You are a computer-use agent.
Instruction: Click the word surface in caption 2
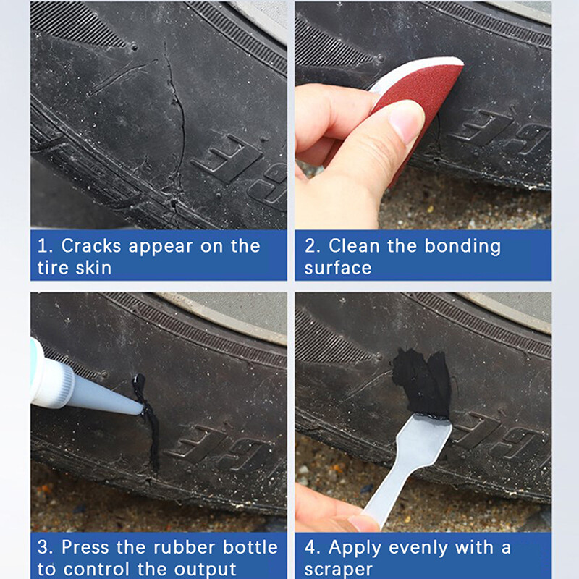tap(338, 268)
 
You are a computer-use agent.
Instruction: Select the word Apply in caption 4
tap(355, 547)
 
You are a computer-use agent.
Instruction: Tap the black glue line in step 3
tap(151, 427)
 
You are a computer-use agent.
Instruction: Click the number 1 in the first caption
tap(42, 246)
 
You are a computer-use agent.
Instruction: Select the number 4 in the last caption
tap(310, 547)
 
